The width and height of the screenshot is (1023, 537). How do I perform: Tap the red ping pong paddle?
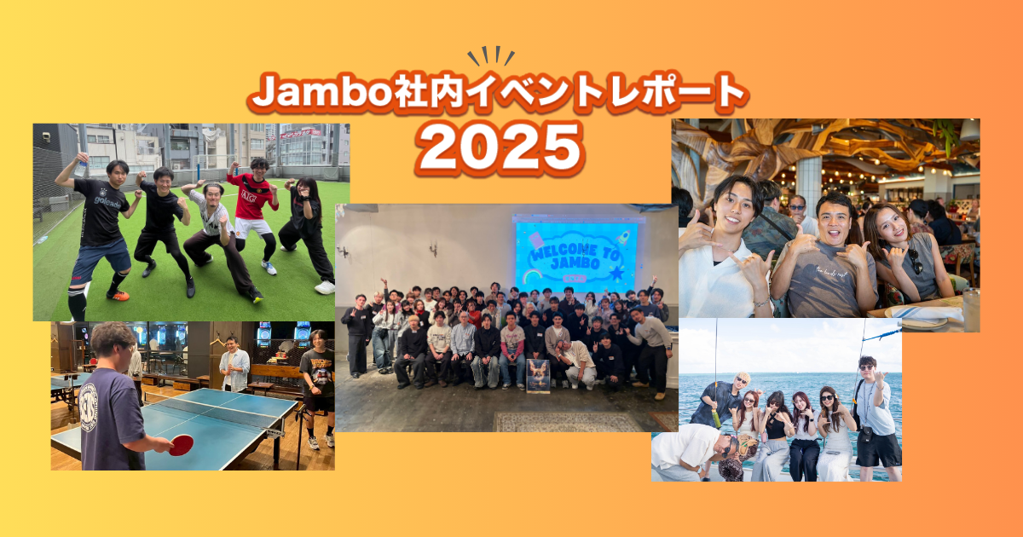[181, 445]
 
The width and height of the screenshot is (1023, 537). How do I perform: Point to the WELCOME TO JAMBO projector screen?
[575, 254]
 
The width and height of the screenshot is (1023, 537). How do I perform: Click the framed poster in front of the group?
[538, 375]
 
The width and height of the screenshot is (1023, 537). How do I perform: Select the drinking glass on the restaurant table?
[970, 309]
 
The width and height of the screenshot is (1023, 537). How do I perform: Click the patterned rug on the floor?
[568, 421]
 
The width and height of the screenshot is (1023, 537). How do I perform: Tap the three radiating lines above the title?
[491, 56]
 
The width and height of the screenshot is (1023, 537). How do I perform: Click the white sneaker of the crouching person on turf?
[325, 287]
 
